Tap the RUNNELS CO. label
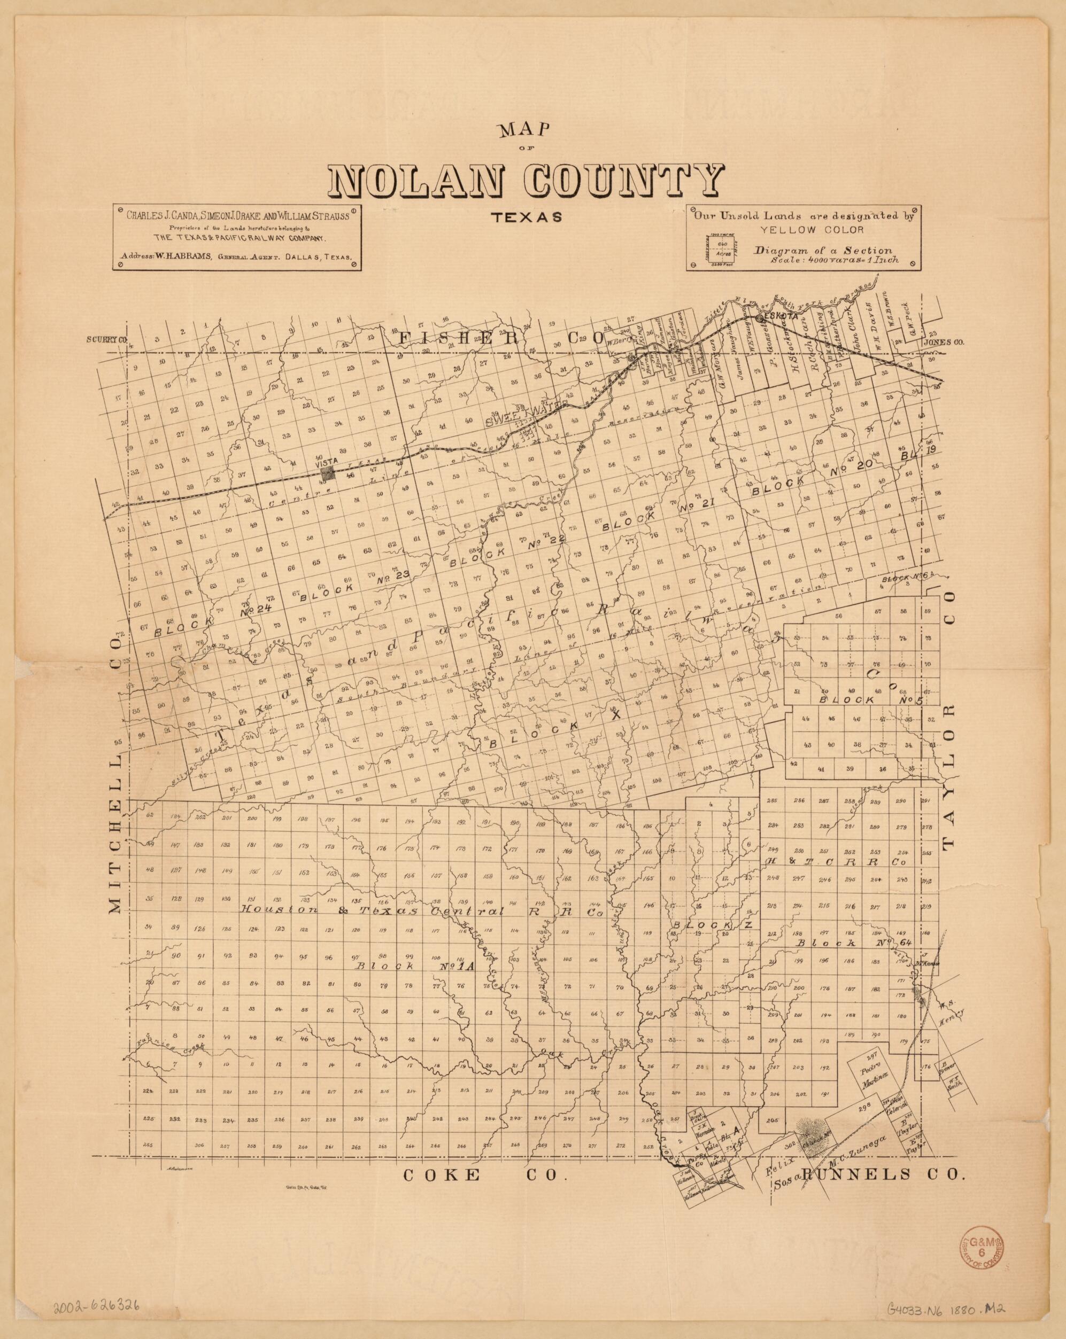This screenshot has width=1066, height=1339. [x=884, y=1174]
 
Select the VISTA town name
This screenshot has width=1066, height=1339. [x=326, y=463]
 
